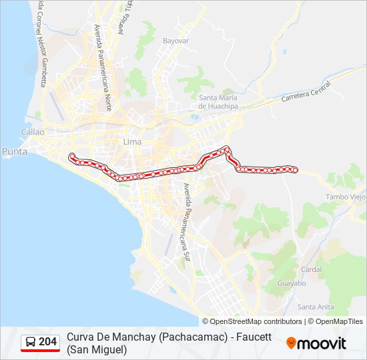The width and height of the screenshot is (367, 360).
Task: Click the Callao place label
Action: click(32, 132)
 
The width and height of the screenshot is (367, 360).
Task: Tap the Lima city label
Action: click(133, 142)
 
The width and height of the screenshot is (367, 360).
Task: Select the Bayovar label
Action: click(177, 41)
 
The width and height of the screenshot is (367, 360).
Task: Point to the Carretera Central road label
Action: click(306, 92)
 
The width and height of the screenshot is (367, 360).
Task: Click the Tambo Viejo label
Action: click(346, 197)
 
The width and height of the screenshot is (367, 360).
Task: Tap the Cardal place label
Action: click(312, 270)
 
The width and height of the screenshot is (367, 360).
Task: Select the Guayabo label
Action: click(290, 283)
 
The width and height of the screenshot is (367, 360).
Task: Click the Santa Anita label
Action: click(316, 307)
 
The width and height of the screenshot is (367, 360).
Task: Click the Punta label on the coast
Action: click(15, 151)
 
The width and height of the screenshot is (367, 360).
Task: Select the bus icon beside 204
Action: click(31, 342)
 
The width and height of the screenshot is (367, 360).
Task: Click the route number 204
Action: click(48, 342)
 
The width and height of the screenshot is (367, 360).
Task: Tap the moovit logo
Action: click(316, 343)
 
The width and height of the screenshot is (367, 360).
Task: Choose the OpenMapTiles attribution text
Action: click(336, 321)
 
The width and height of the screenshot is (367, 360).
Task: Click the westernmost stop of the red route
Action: click(72, 156)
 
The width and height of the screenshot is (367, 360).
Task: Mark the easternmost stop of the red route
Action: click(295, 170)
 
